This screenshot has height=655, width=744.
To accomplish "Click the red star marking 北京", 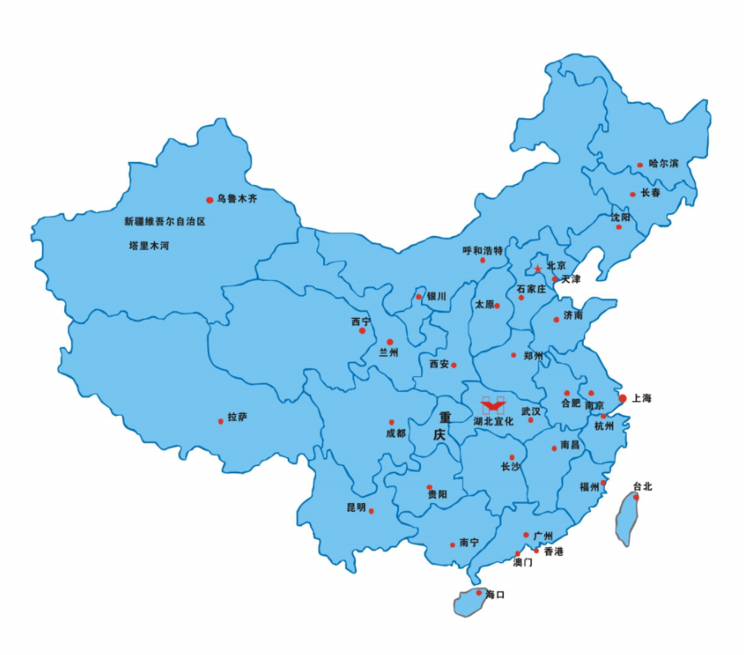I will tap(538, 269).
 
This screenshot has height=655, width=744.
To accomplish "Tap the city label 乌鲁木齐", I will tap(237, 199).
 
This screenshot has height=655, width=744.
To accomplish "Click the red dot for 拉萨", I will tap(220, 422).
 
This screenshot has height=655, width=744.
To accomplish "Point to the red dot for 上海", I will tap(622, 399).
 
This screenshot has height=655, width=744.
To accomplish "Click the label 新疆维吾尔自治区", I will tap(164, 222).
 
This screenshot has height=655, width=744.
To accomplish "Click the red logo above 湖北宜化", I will tap(493, 404).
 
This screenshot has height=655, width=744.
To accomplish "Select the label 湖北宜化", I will tap(493, 422).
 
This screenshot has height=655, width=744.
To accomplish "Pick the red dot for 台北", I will tap(635, 496).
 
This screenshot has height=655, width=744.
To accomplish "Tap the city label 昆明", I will tap(357, 507).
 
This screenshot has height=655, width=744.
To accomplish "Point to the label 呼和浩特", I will tap(482, 250).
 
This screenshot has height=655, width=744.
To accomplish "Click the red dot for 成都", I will tap(391, 422).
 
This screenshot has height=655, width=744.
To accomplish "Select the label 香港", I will tap(553, 551).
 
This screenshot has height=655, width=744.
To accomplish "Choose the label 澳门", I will tap(523, 563).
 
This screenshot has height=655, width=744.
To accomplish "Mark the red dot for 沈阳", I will tap(618, 227).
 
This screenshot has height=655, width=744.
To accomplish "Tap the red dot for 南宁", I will tap(452, 545).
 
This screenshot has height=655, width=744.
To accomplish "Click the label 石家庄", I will tap(531, 289).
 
